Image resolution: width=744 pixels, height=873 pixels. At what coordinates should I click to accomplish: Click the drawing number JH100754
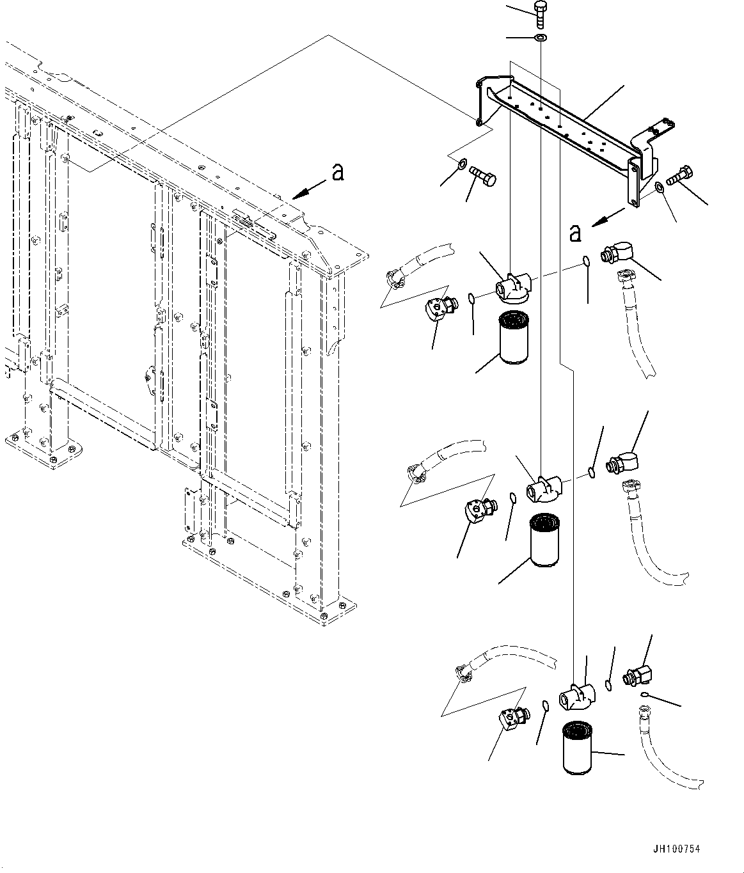(676, 849)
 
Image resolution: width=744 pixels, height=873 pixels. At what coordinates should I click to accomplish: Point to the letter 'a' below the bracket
(575, 233)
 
